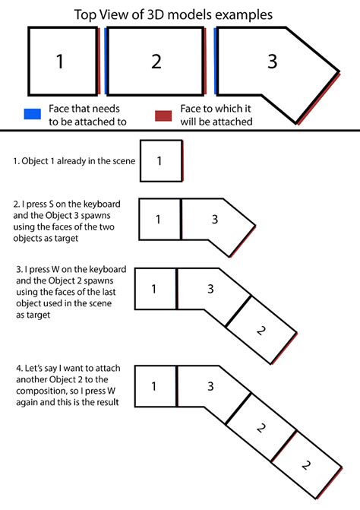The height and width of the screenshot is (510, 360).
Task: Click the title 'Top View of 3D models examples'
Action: coord(173,15)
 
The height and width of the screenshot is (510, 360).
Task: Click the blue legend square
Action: coord(33,114)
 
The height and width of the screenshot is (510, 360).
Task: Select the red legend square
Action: coord(163,116)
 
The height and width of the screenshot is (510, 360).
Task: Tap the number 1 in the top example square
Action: coord(60,62)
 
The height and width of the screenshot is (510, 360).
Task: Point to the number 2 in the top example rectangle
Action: coord(156,62)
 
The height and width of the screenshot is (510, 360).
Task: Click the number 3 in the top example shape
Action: coord(272,62)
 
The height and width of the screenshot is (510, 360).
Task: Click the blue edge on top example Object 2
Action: coord(106,62)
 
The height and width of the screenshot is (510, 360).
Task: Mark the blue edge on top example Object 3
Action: coord(216,62)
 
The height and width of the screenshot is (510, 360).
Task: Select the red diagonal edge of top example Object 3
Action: coord(319,99)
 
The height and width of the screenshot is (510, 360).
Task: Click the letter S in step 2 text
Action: coord(51,204)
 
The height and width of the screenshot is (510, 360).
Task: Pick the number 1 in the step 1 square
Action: coord(159,160)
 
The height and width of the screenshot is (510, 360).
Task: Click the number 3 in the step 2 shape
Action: coord(215,219)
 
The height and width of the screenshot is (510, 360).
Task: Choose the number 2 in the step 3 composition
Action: coord(261,331)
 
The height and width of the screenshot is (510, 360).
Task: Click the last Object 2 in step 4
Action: coord(306,465)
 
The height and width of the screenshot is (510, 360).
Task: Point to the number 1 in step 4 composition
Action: coord(154,386)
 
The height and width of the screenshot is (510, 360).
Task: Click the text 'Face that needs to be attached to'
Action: coord(87,115)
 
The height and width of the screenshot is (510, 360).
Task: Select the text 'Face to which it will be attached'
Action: coord(216,115)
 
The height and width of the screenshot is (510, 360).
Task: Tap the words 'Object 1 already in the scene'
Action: coord(78,161)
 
